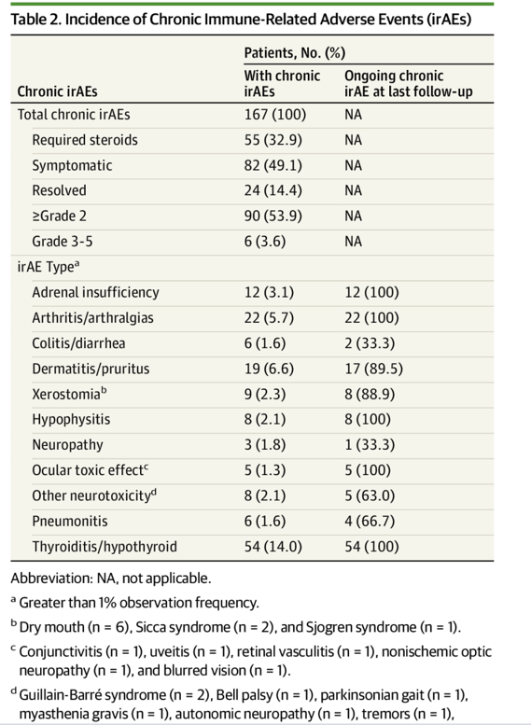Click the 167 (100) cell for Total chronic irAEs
pos(275,115)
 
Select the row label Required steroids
pos(85,140)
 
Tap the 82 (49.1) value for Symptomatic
pos(272,165)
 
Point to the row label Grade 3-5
pos(62,242)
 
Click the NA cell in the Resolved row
pos(353,190)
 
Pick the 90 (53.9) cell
pos(272,216)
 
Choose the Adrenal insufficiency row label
pos(95,292)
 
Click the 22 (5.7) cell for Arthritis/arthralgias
pos(269,318)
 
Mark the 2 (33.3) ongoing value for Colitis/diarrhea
pos(370,343)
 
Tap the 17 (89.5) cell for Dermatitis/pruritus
pos(373,369)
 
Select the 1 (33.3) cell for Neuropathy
pos(370,445)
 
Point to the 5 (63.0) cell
pos(370,495)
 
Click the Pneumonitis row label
pos(70,521)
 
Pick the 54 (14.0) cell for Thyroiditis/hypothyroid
pos(272,547)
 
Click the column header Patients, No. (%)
pos(295,53)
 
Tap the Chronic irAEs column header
pos(57,91)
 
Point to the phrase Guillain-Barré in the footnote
pos(60,695)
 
